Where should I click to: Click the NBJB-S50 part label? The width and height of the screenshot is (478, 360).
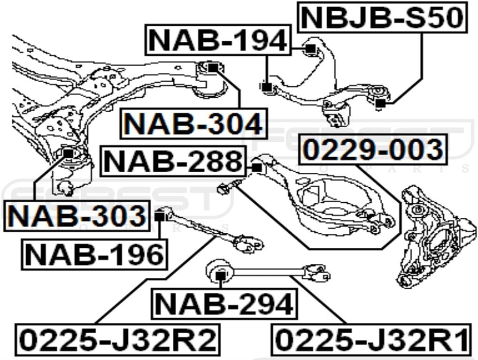coord(383,18)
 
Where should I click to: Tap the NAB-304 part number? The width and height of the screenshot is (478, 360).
coord(193,124)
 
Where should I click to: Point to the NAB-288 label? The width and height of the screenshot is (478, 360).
coord(173,161)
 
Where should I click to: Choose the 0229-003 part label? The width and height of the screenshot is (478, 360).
coord(373,150)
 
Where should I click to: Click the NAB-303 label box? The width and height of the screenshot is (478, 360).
coord(77,216)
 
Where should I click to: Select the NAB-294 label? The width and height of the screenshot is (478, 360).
coord(224,304)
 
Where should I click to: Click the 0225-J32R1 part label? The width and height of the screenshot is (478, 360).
coord(372,339)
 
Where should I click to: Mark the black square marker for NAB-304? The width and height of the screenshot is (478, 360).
coord(213,68)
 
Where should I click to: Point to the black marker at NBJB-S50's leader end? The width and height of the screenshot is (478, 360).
coord(381,103)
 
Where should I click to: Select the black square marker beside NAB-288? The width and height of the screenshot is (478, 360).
coord(256,167)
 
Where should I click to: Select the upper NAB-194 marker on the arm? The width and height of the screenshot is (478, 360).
coord(309,48)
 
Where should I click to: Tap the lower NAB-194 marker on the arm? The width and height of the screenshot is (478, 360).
coord(268,87)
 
